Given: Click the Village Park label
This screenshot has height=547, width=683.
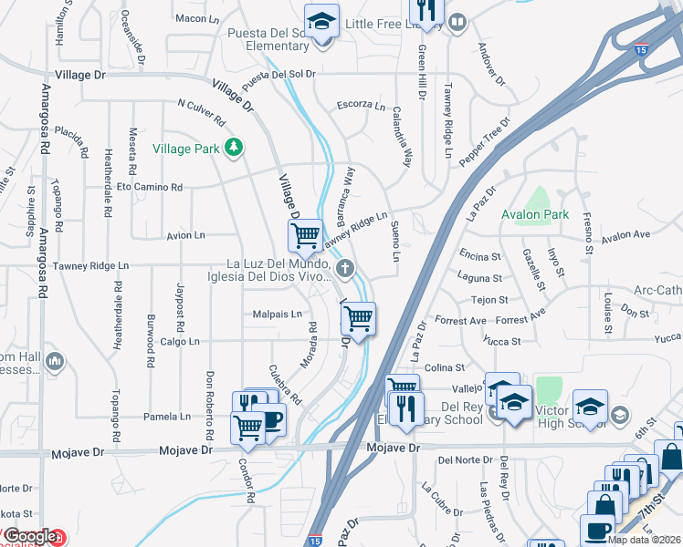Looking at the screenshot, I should (186, 148).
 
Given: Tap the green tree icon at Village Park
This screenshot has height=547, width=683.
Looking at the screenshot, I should (235, 146).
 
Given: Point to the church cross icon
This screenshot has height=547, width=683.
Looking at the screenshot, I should (344, 268).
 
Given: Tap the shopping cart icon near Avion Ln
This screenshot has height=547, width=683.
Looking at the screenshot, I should (305, 234).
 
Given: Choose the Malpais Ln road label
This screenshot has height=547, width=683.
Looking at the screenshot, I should (278, 315).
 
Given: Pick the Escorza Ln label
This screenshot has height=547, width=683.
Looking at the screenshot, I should (362, 105).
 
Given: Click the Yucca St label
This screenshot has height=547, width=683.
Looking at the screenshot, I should (502, 342).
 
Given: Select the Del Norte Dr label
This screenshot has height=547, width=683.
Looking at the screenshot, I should (465, 460).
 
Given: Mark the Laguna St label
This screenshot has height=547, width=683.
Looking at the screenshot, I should (481, 278).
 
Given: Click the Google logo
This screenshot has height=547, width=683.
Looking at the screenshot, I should (30, 538).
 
